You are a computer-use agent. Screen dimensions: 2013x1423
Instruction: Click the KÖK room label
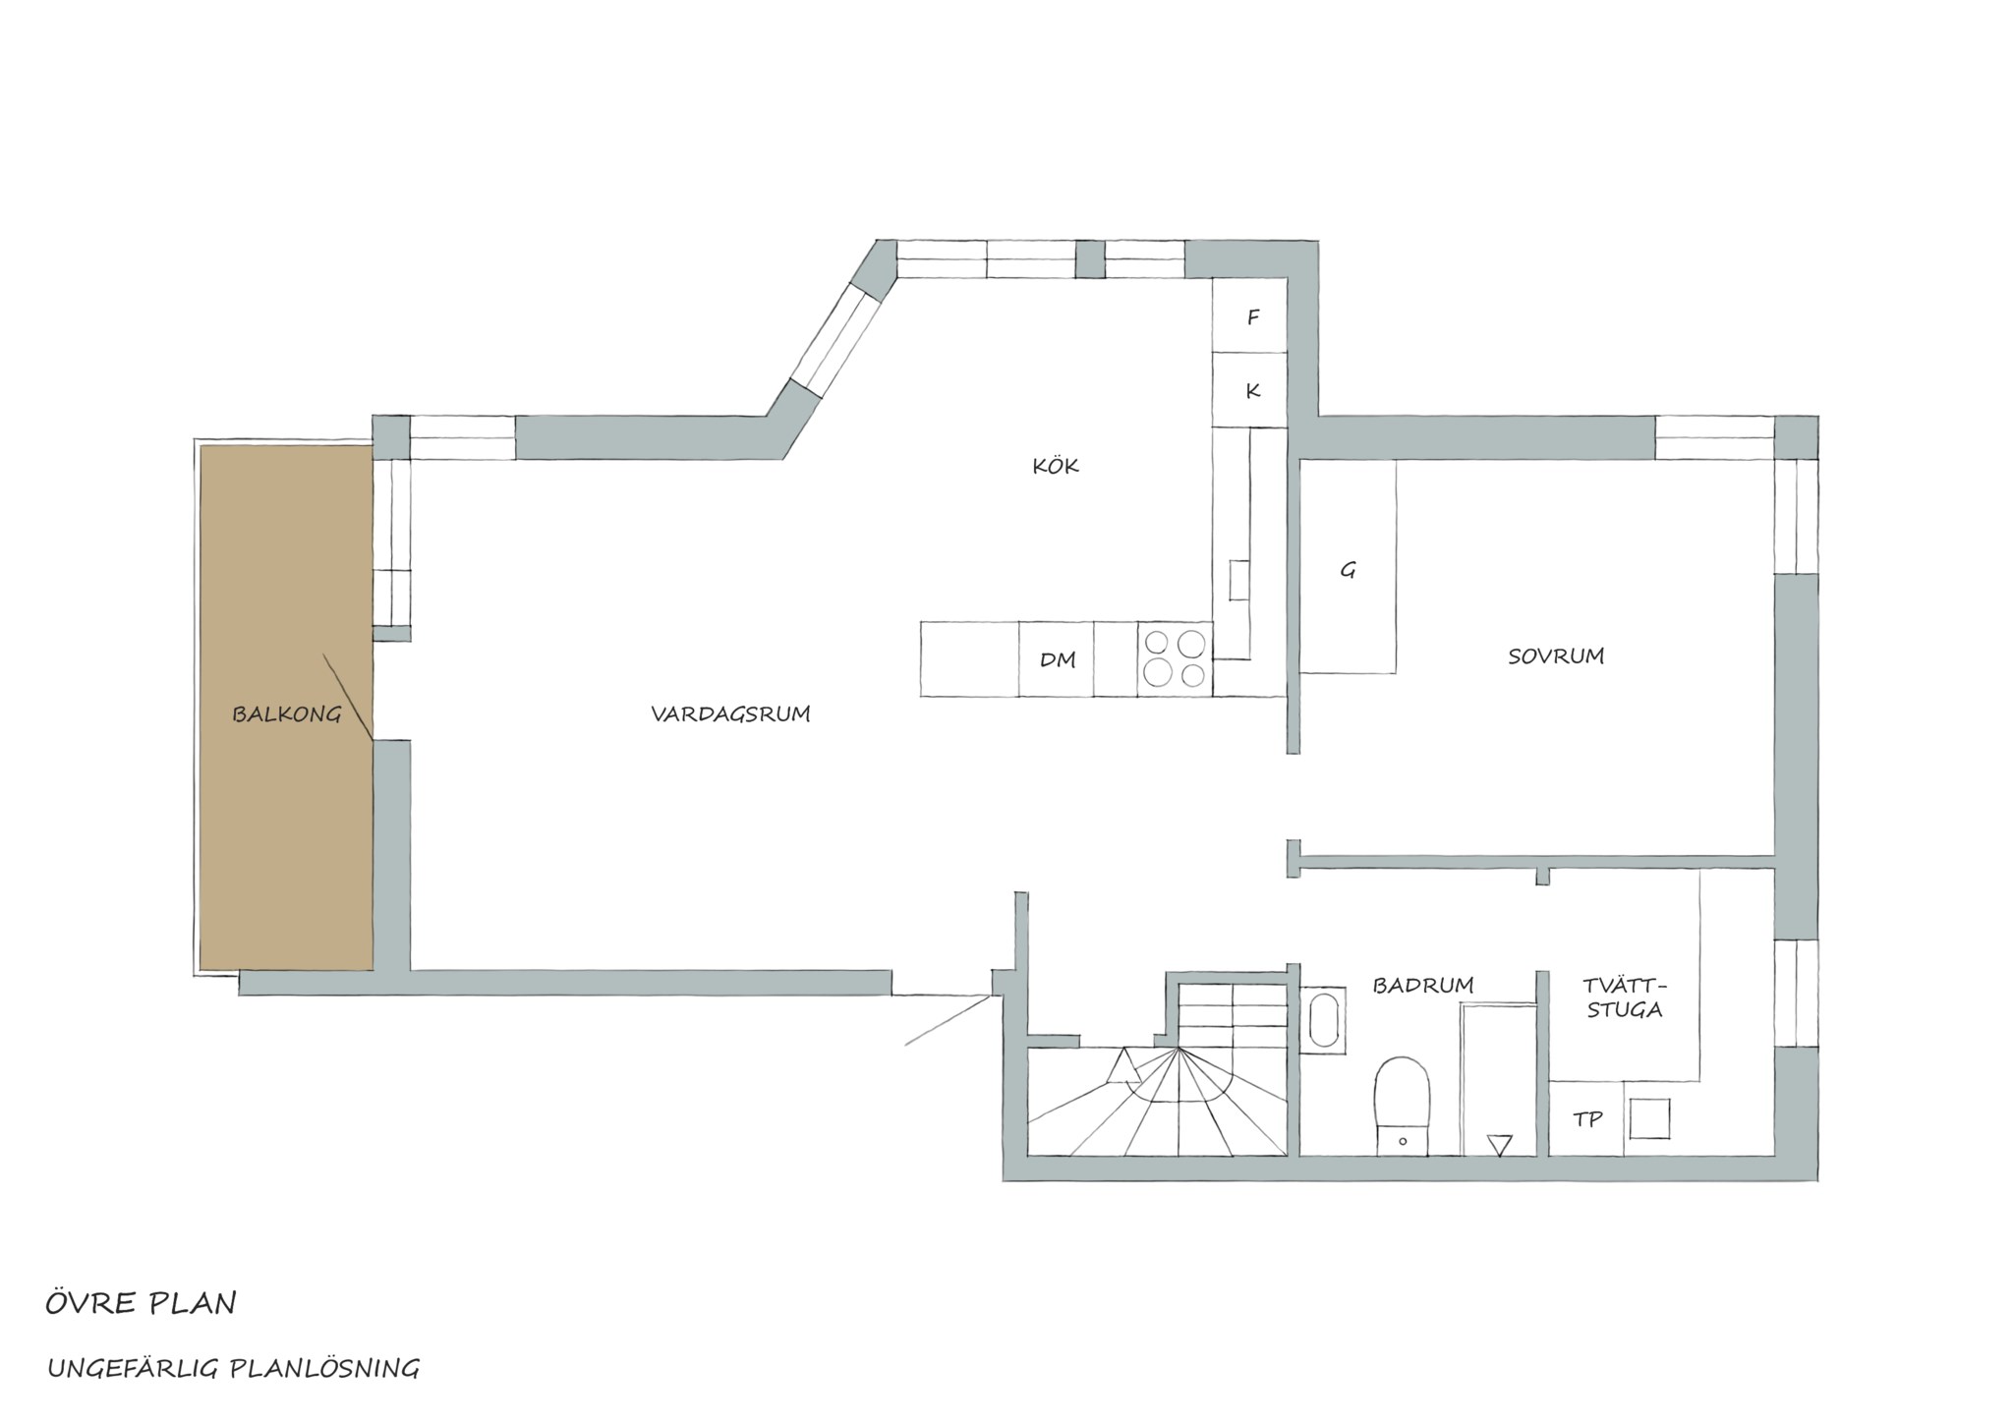1056,465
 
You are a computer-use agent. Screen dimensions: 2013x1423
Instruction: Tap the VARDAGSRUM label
730,714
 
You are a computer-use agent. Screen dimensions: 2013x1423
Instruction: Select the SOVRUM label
1556,655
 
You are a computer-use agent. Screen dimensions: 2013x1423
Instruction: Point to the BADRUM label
1423,985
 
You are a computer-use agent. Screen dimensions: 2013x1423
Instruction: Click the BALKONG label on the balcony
286,714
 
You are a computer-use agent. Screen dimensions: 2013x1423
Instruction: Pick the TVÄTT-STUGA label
1626,996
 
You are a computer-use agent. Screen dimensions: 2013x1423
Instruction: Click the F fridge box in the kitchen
1249,315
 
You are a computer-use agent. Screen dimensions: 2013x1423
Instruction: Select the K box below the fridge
1249,389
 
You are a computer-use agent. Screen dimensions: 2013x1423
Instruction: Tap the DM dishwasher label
1058,659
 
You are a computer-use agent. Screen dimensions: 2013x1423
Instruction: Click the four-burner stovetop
1176,658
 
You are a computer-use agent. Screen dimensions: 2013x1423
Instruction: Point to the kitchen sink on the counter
1239,580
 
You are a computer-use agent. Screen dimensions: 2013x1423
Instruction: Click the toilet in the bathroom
1402,1105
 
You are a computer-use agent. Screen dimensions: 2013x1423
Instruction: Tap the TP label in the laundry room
1587,1118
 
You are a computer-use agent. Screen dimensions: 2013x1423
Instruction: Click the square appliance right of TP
1649,1118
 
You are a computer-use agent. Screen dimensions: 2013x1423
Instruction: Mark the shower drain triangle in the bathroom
1499,1145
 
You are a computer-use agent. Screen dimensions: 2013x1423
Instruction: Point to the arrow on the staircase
1122,1065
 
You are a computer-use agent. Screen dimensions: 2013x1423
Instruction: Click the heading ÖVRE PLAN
141,1303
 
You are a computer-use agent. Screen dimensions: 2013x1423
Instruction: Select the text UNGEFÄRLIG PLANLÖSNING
234,1368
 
